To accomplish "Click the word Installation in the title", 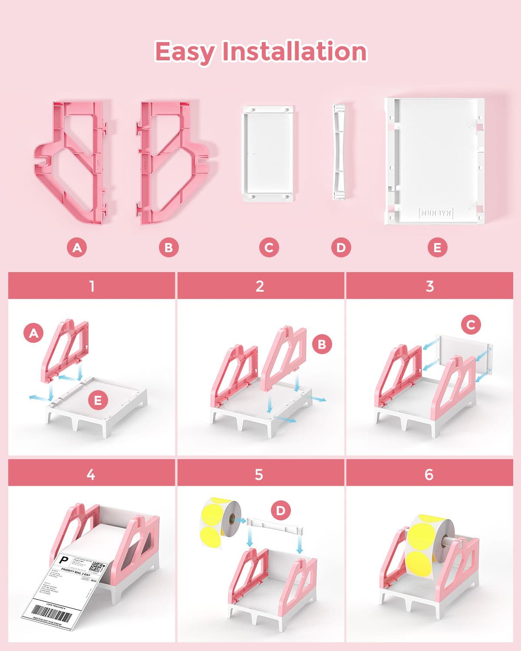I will click(x=294, y=52).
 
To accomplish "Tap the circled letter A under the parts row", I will click(x=77, y=247).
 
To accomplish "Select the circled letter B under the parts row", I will click(x=168, y=247).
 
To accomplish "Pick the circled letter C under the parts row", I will click(x=269, y=247).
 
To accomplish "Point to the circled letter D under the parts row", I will click(x=341, y=247).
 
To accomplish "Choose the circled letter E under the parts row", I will click(x=437, y=247).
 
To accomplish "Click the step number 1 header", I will click(x=92, y=286).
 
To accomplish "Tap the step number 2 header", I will click(x=260, y=286).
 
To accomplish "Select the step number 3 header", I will click(x=429, y=286).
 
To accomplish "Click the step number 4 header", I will click(x=91, y=474).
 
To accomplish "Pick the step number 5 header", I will click(x=259, y=474).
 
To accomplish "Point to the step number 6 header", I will click(x=429, y=474).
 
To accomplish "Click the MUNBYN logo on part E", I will click(x=436, y=213).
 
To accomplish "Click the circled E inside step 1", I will click(x=98, y=400).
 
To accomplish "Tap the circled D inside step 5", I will click(x=280, y=511).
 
